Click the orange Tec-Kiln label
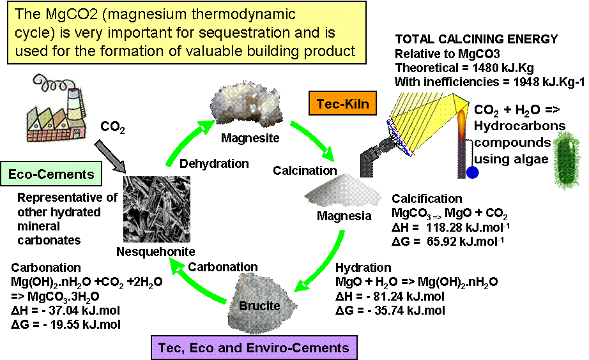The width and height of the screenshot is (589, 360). tap(342, 104)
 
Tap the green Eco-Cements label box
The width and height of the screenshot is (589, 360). tap(51, 174)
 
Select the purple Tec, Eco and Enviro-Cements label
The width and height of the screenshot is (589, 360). tap(253, 348)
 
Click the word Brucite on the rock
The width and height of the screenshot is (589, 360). tap(259, 306)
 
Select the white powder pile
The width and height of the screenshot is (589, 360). tap(340, 191)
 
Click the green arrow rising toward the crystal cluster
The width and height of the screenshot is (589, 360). tap(187, 144)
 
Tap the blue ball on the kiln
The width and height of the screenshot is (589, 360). tap(472, 172)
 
